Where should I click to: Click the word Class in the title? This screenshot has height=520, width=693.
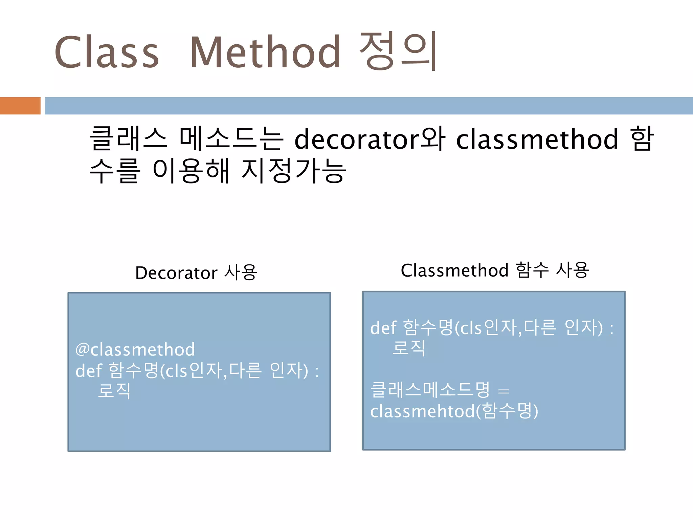pos(107,52)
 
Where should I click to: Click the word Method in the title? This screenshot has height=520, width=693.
pos(265,52)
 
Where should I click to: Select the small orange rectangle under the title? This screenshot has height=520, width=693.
pos(20,106)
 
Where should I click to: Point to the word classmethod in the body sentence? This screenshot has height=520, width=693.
pos(537,139)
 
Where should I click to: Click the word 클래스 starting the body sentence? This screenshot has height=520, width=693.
pos(128,139)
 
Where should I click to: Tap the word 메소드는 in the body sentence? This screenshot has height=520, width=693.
pos(231,139)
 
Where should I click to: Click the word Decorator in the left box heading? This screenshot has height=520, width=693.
pos(176,273)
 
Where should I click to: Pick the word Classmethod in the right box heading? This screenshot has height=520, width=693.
pos(454,270)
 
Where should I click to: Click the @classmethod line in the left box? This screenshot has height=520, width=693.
pos(135,349)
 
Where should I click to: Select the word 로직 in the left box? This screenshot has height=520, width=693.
pos(114,391)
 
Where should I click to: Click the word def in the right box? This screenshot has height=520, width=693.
pos(383,328)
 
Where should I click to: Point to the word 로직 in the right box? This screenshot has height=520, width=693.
pos(409,348)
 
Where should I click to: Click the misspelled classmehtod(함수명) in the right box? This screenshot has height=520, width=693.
pos(454,411)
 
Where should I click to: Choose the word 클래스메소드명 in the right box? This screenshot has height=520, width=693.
pos(430,390)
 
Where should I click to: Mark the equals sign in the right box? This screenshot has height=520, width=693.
pos(504,391)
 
